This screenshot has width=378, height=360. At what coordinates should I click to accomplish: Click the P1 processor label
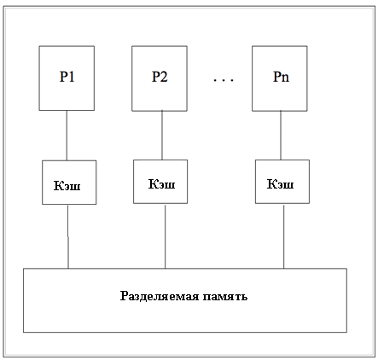67,77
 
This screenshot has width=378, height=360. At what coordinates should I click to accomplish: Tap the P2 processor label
160,77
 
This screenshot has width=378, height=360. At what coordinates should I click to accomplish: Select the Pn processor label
281,77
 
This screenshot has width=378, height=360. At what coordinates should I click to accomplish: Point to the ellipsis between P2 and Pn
224,80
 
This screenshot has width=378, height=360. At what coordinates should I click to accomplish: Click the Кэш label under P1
67,185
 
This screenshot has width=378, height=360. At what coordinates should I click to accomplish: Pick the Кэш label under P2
161,183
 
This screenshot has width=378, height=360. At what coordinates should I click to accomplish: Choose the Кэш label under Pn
280,183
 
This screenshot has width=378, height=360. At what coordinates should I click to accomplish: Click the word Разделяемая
160,296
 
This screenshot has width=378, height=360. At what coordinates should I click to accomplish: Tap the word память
225,297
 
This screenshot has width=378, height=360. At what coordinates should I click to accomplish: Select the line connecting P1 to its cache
67,136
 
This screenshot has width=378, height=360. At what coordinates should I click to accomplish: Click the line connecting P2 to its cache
162,135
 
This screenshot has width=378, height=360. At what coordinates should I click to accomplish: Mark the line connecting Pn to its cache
281,135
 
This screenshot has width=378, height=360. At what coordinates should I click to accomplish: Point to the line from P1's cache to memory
68,236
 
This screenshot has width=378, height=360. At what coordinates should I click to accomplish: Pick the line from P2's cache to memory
166,236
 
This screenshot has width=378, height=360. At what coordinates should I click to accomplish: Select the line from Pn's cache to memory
283,236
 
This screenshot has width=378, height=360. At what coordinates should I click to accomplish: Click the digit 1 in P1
72,77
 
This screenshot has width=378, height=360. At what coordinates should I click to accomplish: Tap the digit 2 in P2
164,77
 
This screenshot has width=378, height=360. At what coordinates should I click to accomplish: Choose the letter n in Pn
285,78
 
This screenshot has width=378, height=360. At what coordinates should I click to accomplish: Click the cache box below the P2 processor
160,182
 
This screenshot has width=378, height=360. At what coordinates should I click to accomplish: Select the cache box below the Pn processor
282,182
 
